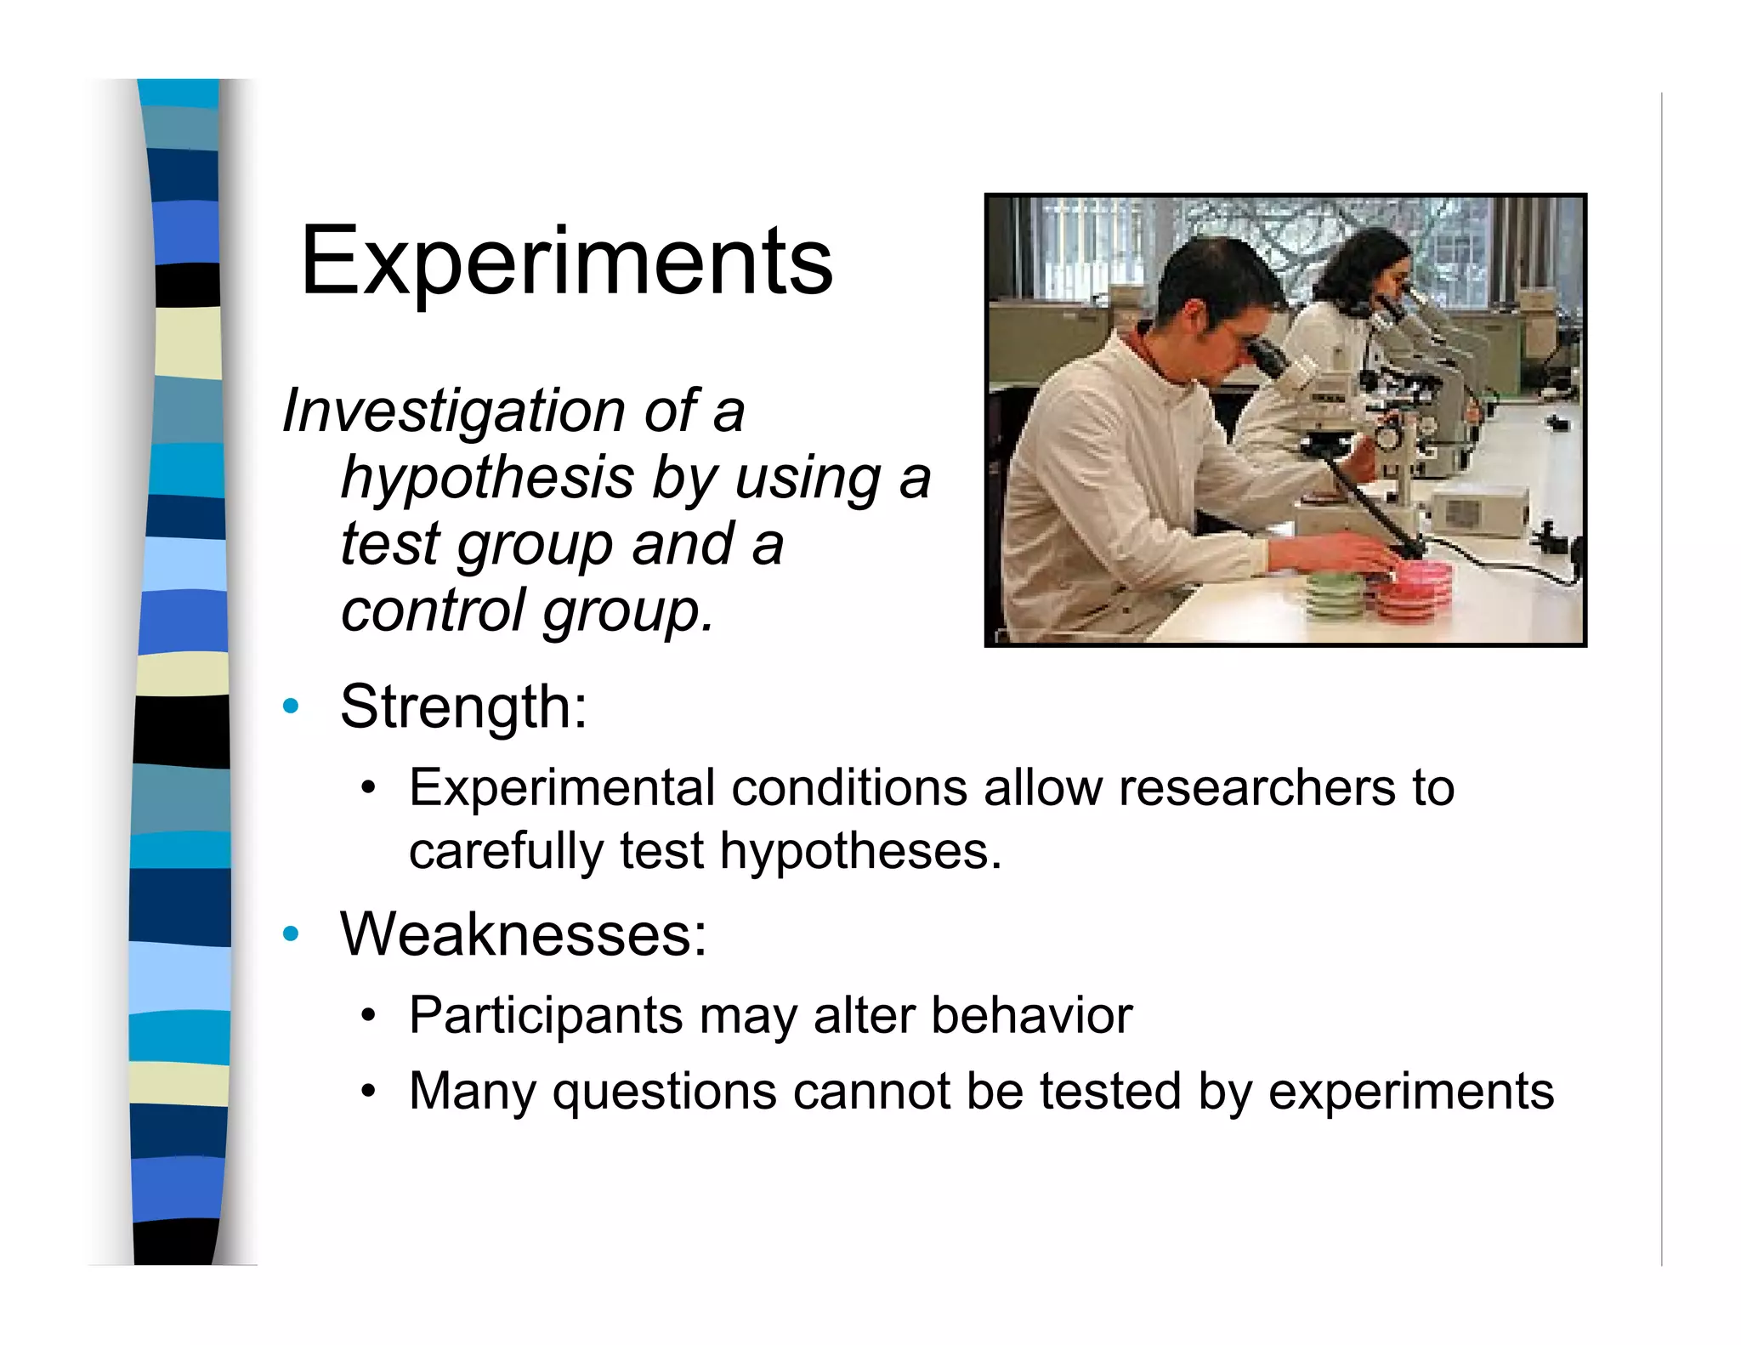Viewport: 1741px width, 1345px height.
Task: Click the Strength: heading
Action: tap(463, 707)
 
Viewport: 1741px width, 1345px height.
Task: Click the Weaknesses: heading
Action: tap(523, 934)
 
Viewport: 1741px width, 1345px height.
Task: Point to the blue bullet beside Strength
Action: tap(292, 707)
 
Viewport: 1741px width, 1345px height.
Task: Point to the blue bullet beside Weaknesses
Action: tap(292, 934)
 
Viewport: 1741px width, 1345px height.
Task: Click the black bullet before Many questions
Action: tap(367, 1091)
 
